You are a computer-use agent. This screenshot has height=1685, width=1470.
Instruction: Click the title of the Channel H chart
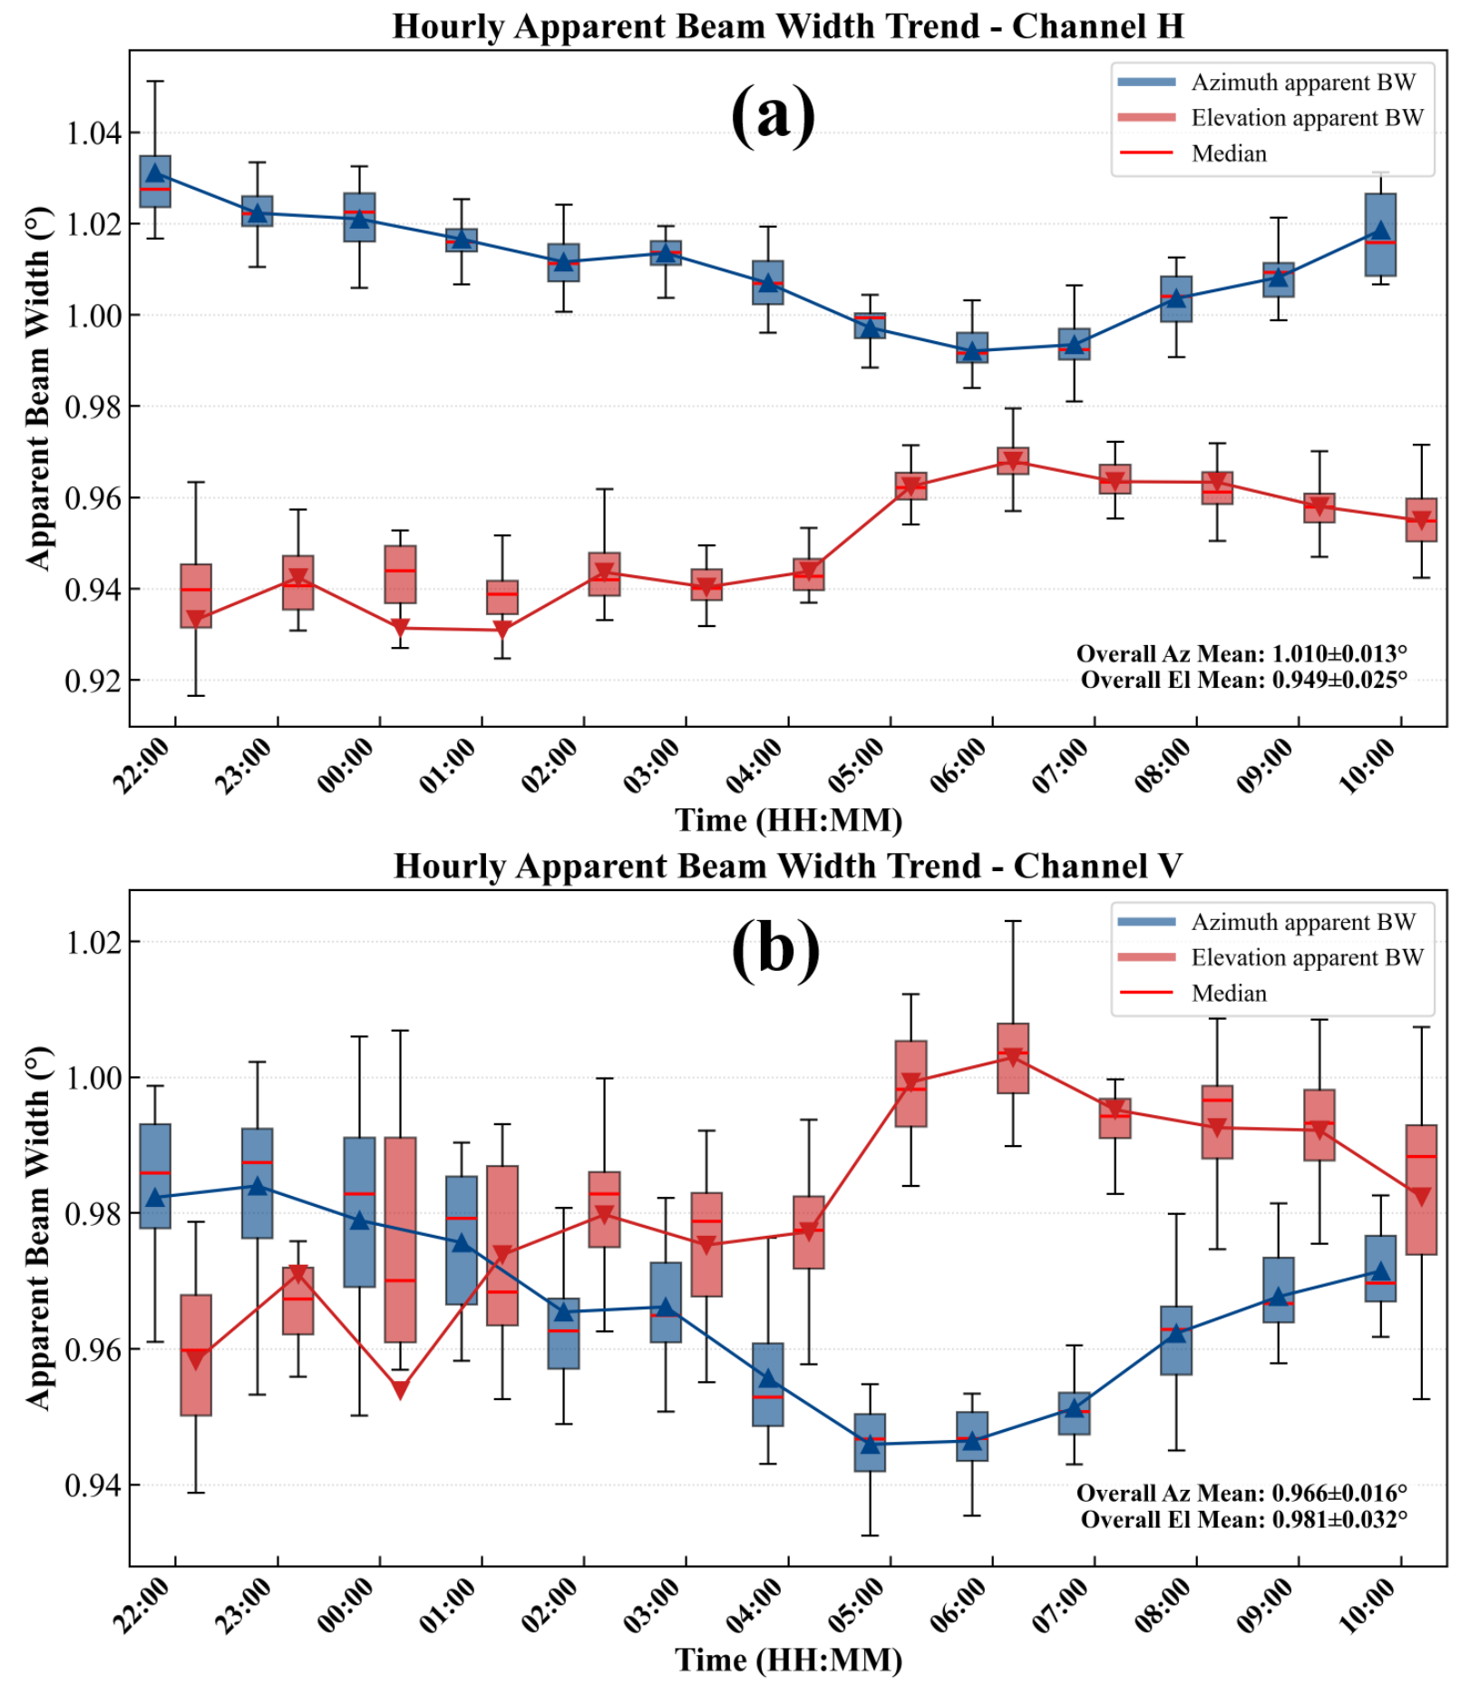[x=787, y=25]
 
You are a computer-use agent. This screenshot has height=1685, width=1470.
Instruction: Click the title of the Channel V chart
[x=787, y=866]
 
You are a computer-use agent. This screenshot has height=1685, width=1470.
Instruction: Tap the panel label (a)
[x=773, y=115]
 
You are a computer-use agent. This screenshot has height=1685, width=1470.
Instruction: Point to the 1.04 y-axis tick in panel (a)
[x=92, y=133]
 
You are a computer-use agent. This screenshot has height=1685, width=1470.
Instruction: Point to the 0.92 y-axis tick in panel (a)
[x=92, y=681]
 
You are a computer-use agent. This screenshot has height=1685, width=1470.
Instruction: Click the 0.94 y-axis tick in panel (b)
[x=92, y=1485]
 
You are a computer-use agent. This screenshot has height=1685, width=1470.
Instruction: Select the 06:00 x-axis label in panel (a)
[x=959, y=765]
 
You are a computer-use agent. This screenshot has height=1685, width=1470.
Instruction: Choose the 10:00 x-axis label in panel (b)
[x=1368, y=1605]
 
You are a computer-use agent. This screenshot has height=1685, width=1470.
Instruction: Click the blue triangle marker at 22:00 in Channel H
[x=155, y=173]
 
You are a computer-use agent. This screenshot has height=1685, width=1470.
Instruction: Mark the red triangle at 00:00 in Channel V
[x=400, y=1390]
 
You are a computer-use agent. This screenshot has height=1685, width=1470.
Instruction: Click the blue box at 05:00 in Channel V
[x=870, y=1442]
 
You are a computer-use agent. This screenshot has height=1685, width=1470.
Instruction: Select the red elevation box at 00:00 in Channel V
[x=400, y=1239]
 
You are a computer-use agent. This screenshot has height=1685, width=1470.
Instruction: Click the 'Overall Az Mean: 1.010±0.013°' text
[x=1241, y=653]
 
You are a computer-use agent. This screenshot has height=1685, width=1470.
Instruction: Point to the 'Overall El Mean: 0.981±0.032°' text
[x=1243, y=1519]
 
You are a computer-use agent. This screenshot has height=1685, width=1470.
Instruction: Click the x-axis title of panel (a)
[x=788, y=820]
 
